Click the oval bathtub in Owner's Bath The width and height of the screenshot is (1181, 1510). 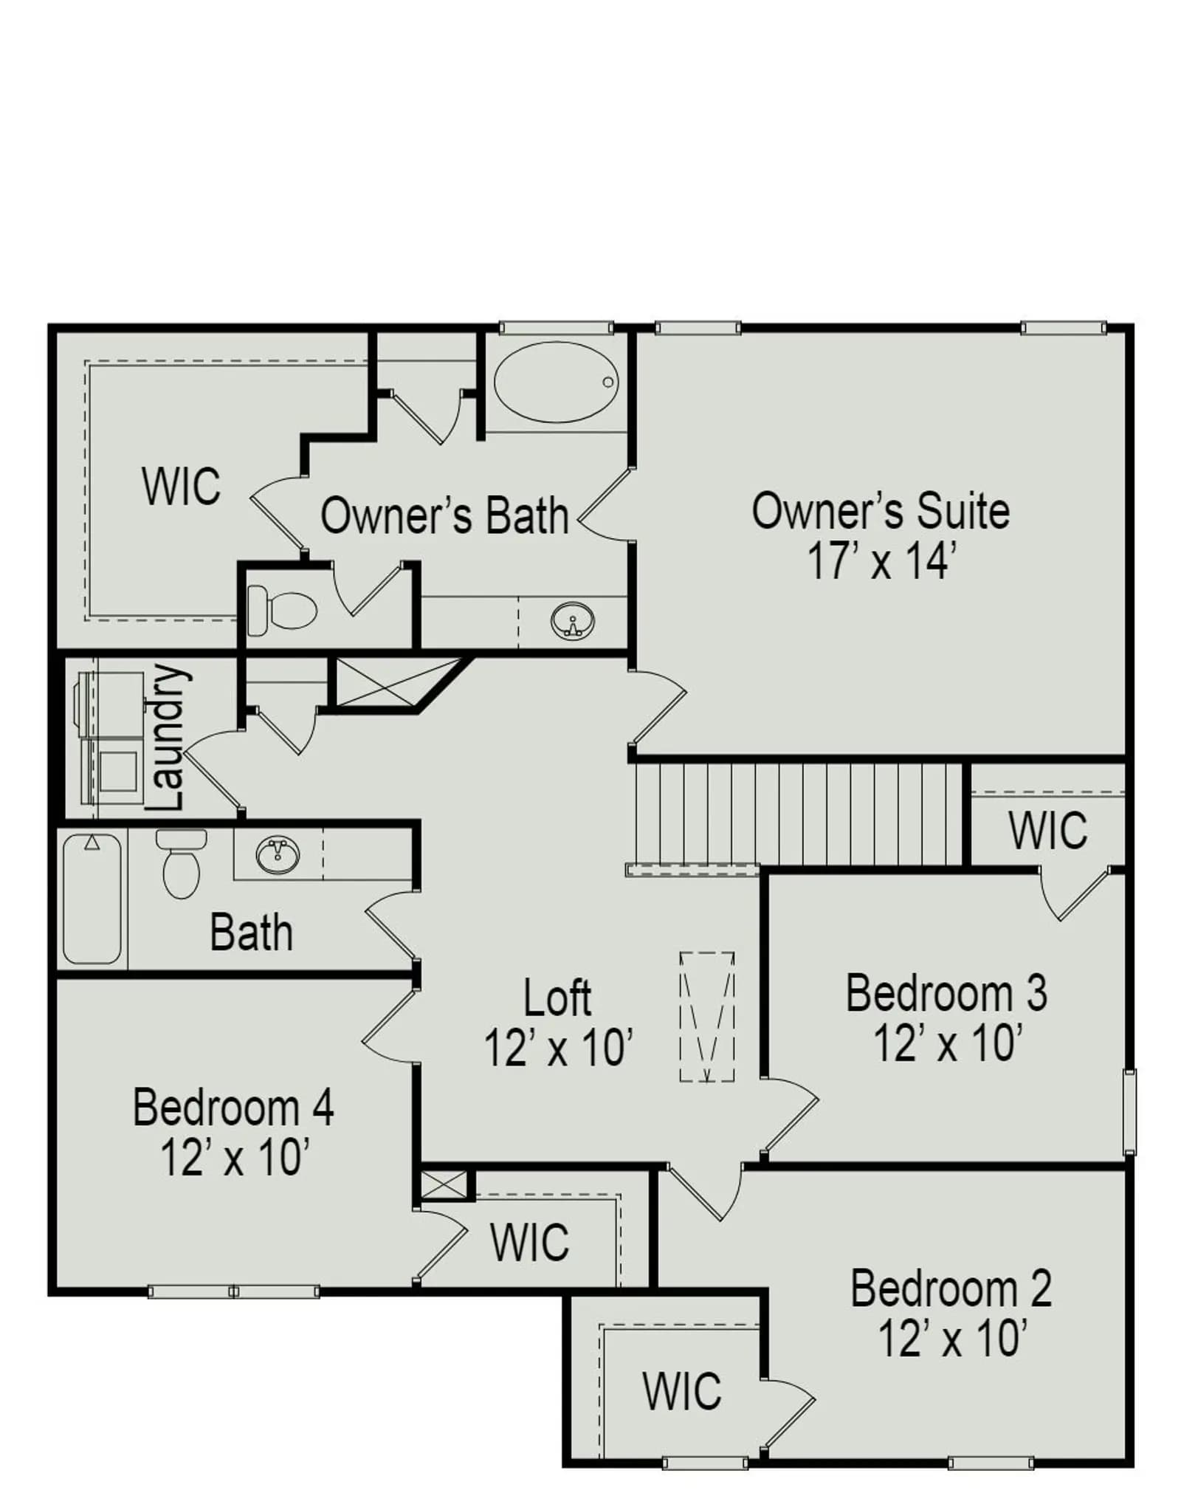click(556, 381)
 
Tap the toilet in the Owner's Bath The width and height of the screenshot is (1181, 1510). click(282, 610)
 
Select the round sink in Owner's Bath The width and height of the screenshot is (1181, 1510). click(572, 621)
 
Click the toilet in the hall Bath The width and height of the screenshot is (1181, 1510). click(182, 863)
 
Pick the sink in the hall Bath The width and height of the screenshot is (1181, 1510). click(278, 855)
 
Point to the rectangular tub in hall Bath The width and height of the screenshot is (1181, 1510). click(92, 899)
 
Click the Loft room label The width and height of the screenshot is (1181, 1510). click(557, 998)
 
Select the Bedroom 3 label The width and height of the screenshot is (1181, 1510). click(946, 992)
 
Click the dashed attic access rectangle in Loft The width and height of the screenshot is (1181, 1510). click(707, 1017)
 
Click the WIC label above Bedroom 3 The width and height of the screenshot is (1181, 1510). click(1048, 830)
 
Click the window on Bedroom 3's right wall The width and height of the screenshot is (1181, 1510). click(1129, 1111)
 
